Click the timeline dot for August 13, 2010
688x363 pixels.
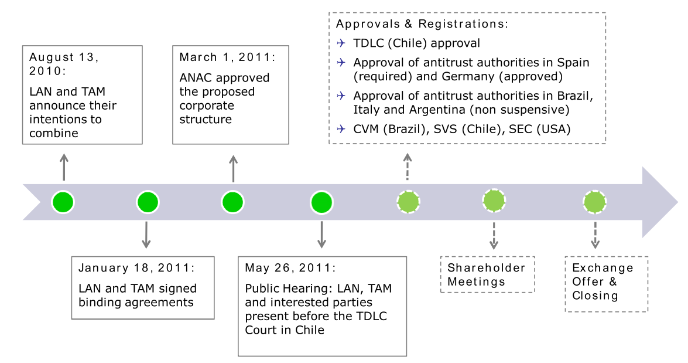63,202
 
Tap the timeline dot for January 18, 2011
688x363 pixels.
148,202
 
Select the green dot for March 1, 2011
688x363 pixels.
232,202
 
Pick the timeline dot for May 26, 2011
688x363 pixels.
321,202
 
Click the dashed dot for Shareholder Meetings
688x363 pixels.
494,201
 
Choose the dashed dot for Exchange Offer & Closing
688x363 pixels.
595,202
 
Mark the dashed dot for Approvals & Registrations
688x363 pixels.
409,202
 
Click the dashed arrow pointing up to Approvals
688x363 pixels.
408,167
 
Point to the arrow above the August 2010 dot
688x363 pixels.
64,167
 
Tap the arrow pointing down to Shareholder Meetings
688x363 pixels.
494,236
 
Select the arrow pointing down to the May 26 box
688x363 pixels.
321,235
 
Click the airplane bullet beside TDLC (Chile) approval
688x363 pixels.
341,43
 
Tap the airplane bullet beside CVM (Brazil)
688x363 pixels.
341,129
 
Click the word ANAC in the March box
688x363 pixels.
194,78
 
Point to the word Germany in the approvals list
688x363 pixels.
468,76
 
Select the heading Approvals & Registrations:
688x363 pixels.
422,23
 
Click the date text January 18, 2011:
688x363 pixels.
136,267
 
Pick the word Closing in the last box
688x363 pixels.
595,296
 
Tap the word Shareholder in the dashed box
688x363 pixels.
486,267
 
